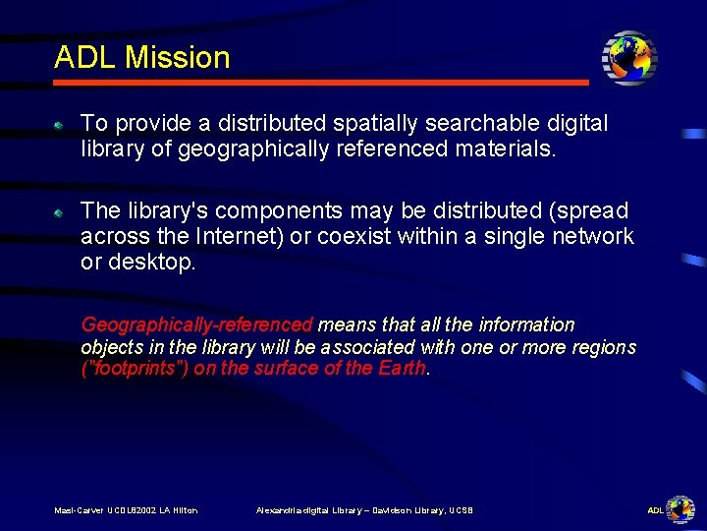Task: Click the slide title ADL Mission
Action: pos(141,57)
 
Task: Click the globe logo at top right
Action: pos(628,58)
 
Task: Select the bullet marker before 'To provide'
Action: pos(59,126)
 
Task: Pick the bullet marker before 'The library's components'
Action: pos(59,212)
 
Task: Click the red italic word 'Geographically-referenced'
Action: pos(196,324)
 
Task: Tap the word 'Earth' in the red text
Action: pos(403,369)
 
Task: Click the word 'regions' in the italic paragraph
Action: pos(603,347)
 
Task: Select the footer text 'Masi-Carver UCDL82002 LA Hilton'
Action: pos(126,509)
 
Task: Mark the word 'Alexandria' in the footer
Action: pos(279,509)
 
